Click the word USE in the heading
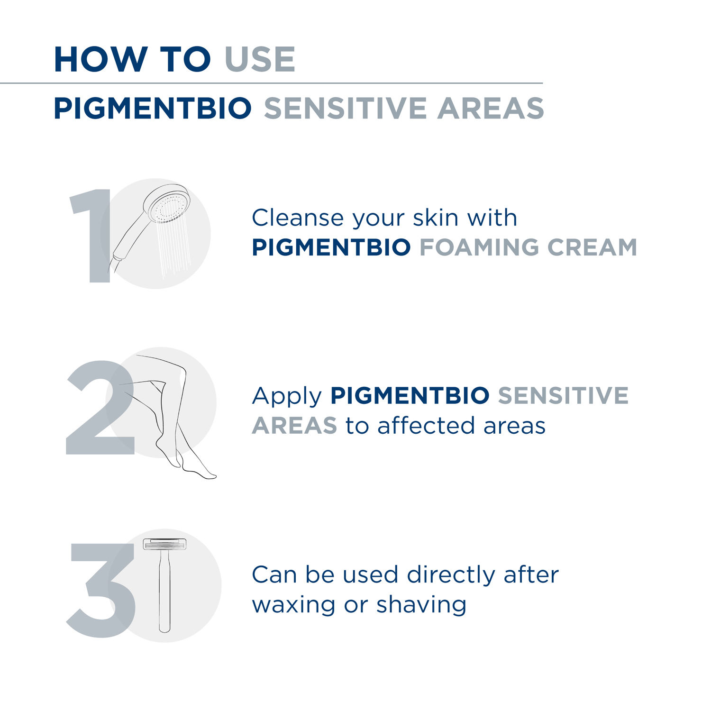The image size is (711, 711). (260, 60)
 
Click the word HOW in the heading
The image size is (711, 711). (100, 60)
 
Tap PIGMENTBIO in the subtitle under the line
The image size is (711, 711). (153, 108)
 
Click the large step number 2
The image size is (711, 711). (100, 408)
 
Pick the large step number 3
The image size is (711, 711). (101, 590)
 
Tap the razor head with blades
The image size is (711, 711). (164, 544)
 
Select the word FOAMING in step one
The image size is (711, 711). (479, 247)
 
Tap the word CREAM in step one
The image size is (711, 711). (592, 247)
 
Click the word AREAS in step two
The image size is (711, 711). (294, 426)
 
